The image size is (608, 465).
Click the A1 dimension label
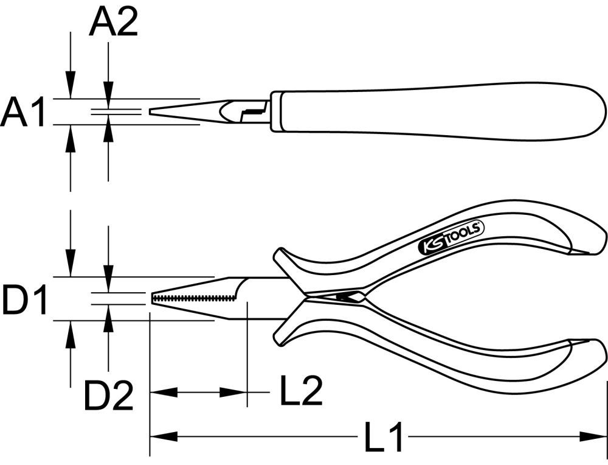[23, 113]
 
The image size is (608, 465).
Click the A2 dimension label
[113, 23]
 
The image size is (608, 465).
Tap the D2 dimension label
[108, 396]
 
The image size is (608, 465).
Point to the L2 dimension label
[300, 392]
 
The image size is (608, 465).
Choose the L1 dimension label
[384, 437]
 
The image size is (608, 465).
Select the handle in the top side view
[438, 110]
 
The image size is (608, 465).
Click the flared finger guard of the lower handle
[285, 332]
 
